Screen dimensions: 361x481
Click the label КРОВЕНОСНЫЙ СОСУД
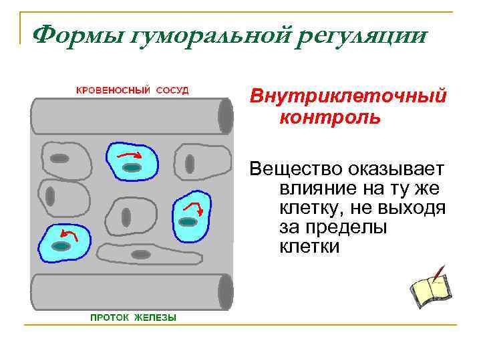pyautogui.click(x=131, y=90)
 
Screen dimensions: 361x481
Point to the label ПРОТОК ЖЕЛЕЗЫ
pyautogui.click(x=134, y=318)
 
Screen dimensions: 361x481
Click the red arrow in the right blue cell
pyautogui.click(x=192, y=205)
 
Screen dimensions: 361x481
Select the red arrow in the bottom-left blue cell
pyautogui.click(x=65, y=233)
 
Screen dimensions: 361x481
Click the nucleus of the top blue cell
pyautogui.click(x=132, y=167)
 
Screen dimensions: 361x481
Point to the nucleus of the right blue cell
pyautogui.click(x=190, y=221)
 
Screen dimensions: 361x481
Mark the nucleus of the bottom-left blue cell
pyautogui.click(x=61, y=247)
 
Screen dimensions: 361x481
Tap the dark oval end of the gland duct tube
pyautogui.click(x=226, y=292)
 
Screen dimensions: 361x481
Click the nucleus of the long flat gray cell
pyautogui.click(x=141, y=254)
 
